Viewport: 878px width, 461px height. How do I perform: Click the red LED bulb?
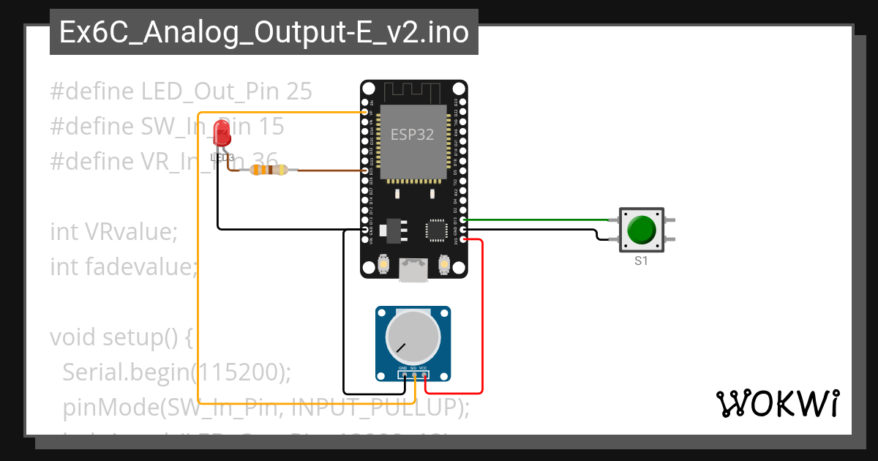click(x=222, y=132)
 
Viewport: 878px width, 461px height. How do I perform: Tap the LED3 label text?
click(x=222, y=157)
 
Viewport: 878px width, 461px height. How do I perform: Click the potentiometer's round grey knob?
click(x=413, y=336)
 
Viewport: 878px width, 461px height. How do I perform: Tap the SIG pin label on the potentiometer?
click(x=413, y=368)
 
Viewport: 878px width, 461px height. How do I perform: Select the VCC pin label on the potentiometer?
click(x=424, y=368)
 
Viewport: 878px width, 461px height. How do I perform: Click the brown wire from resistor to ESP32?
click(x=329, y=170)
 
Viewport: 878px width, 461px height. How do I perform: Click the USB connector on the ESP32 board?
click(x=413, y=270)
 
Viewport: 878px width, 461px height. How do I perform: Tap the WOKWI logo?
click(x=777, y=403)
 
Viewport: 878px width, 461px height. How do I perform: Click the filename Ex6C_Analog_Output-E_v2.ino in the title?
click(x=263, y=33)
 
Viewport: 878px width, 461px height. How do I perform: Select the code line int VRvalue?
click(x=114, y=232)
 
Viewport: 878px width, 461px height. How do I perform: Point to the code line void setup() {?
click(x=121, y=338)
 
